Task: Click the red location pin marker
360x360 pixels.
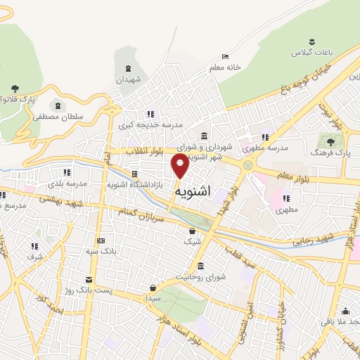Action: (180, 167)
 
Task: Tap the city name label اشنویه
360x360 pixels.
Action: (191, 190)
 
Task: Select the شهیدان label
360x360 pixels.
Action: (129, 79)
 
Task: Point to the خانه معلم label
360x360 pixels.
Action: (225, 67)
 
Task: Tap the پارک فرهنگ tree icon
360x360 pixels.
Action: (330, 142)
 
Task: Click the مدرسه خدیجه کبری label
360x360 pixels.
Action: (150, 124)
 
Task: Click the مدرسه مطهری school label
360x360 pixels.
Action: (265, 148)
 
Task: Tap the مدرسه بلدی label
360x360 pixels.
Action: (67, 183)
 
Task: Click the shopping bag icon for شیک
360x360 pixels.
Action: (191, 231)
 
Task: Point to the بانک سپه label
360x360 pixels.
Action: (101, 250)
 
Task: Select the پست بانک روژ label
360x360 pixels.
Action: (87, 289)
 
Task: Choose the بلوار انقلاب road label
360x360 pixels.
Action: (145, 150)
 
